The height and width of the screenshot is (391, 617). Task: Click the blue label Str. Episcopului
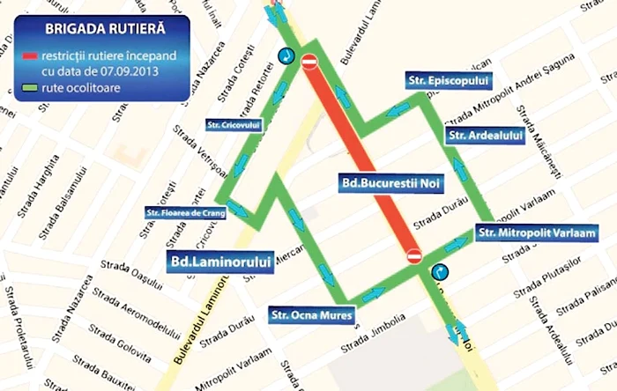point(436,81)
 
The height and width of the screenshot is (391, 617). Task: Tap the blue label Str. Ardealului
point(486,135)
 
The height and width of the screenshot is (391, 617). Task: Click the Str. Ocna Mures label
point(313,314)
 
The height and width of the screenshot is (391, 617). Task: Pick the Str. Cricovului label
point(230,124)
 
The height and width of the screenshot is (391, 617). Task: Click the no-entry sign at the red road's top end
point(308,62)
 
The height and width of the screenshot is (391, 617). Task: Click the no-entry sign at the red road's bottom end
point(415,255)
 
